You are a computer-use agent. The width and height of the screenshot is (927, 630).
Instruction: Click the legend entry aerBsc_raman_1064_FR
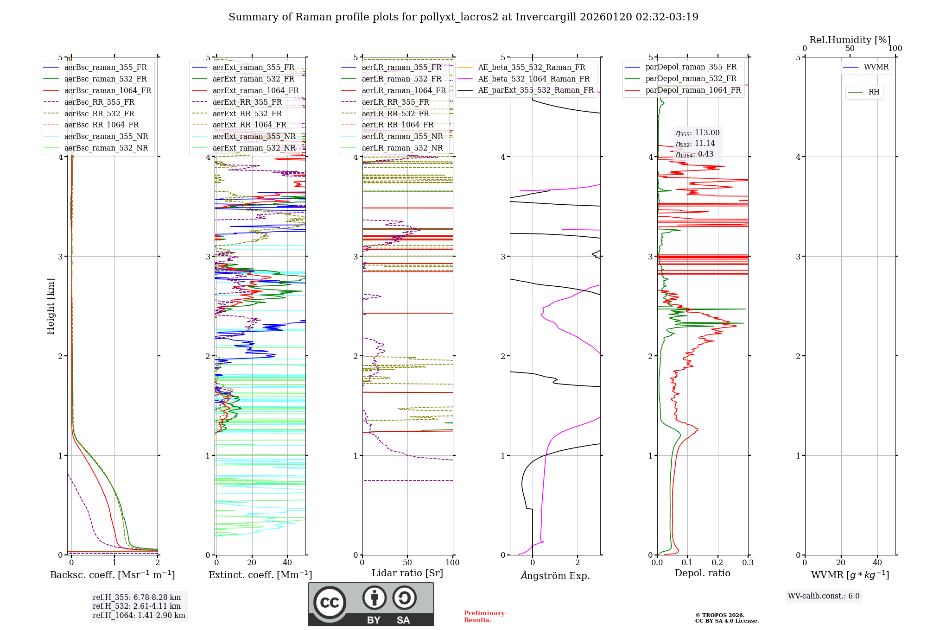(108, 90)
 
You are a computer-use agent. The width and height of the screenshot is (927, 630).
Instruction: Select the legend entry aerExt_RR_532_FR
(247, 113)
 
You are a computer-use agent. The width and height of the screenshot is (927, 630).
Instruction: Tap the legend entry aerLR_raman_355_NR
(402, 136)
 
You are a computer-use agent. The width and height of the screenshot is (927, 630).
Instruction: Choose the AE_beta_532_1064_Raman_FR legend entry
(533, 79)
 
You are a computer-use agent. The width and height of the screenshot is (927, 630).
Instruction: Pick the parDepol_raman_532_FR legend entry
(691, 79)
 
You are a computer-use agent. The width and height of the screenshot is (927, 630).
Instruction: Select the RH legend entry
(874, 92)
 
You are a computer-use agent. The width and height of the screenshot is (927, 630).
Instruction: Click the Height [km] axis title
(51, 306)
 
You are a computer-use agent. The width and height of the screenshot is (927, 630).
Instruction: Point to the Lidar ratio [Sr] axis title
(407, 573)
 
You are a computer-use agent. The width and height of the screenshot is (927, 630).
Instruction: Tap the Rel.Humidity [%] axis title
(850, 40)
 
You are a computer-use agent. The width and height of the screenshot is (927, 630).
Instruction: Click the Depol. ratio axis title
(702, 573)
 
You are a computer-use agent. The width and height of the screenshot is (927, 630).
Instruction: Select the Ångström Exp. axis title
(555, 575)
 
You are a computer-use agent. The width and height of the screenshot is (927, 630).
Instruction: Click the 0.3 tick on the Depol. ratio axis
(748, 562)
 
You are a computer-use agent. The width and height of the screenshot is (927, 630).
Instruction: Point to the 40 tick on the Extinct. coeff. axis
(287, 562)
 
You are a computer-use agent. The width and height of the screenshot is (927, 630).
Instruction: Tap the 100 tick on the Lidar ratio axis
(452, 562)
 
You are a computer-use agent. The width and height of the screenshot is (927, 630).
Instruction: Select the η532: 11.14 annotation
(695, 144)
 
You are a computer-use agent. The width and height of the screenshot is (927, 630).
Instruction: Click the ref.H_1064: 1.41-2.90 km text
(139, 615)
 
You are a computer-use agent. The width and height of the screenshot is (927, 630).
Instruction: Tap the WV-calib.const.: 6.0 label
(824, 596)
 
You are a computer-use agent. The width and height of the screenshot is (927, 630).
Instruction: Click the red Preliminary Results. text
(484, 616)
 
